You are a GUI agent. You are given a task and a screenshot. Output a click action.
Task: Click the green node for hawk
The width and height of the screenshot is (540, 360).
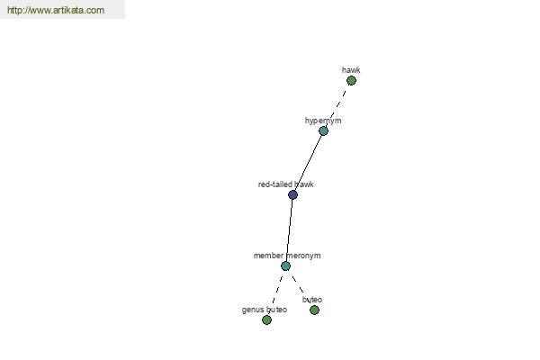pos(351,81)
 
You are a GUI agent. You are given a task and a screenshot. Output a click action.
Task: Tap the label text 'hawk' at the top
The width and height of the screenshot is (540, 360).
pos(351,70)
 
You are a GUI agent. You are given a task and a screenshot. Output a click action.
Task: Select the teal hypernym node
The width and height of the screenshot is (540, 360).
pos(323,130)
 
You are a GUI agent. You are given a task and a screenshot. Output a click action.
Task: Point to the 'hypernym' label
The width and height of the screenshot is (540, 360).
pos(323,121)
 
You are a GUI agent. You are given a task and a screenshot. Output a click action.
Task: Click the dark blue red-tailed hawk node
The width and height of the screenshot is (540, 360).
pos(292,194)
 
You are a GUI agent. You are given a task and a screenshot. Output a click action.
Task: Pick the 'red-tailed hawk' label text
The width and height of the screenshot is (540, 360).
pos(286,184)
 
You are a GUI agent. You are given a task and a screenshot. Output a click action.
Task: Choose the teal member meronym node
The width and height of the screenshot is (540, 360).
pos(285,266)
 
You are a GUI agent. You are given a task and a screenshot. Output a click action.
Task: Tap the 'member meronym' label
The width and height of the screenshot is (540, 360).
pos(287,256)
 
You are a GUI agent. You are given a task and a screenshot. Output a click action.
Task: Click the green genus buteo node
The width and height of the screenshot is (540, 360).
pos(266,320)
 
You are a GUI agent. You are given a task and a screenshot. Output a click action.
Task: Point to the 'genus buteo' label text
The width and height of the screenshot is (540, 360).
pos(265,310)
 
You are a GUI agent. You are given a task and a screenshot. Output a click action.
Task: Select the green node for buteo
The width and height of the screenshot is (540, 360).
pos(314,310)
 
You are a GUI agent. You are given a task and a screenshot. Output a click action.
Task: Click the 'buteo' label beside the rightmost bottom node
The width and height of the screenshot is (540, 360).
pos(312,300)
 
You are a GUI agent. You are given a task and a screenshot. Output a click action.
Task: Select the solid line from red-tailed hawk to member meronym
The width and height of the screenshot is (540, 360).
pos(289,230)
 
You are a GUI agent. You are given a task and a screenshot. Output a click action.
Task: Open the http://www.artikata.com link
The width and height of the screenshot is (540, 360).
pos(56,10)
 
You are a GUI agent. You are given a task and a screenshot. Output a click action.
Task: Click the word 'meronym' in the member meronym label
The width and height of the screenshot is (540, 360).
pos(303,256)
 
